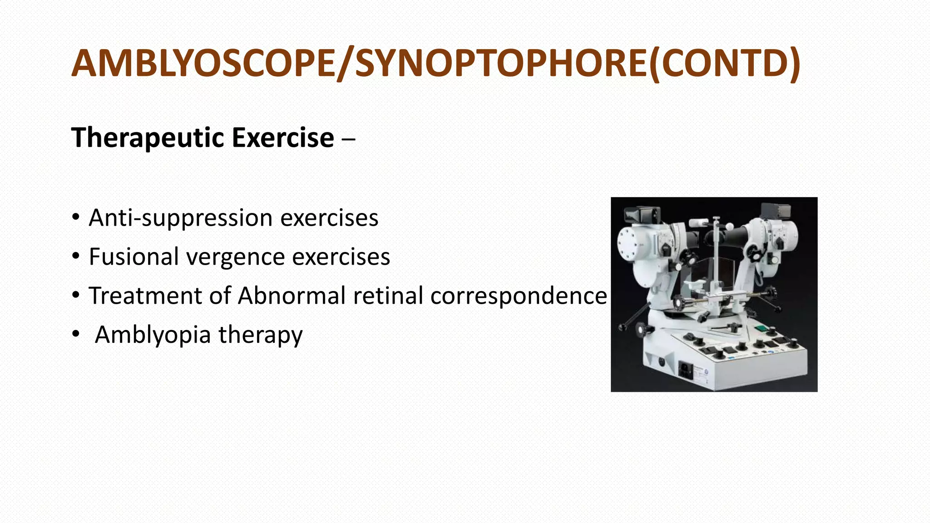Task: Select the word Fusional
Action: pyautogui.click(x=134, y=257)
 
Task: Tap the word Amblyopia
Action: pyautogui.click(x=153, y=335)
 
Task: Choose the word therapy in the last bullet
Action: pyautogui.click(x=260, y=335)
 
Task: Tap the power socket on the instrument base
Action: pyautogui.click(x=686, y=369)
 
